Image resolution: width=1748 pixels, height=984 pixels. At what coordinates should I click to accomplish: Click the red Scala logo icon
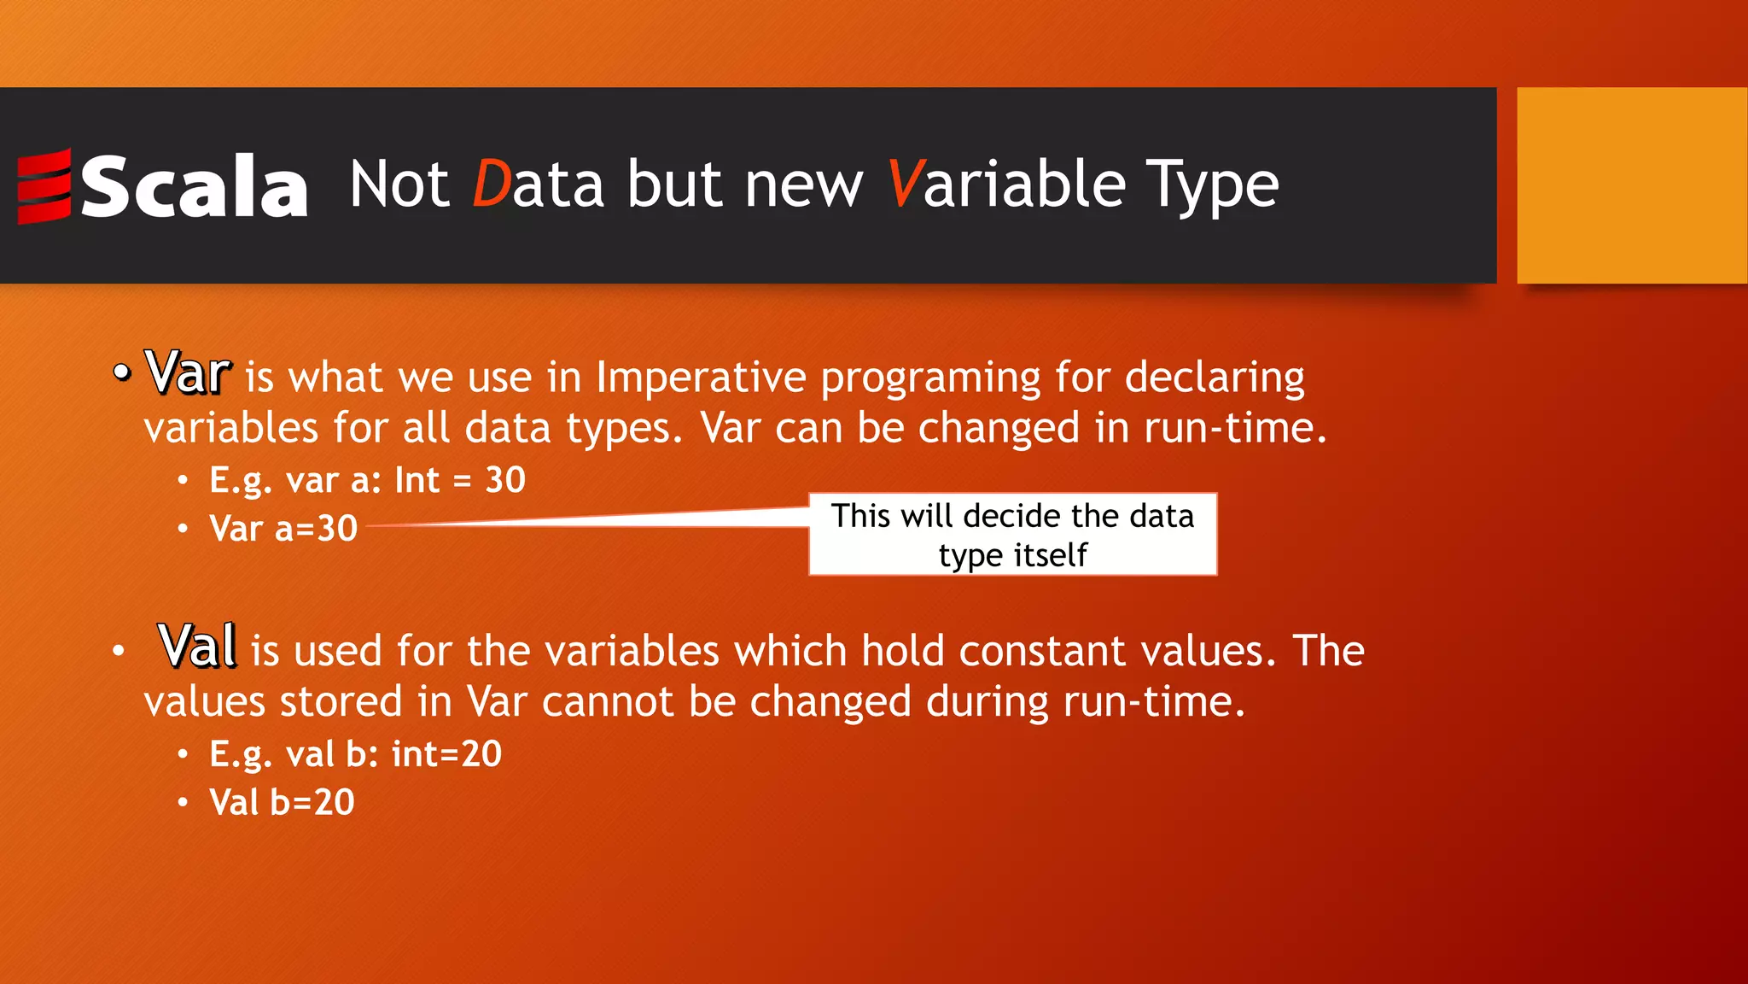(44, 186)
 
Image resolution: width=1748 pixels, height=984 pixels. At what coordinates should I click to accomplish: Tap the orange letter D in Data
(491, 184)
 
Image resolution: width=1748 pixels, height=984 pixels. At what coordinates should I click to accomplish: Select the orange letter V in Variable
(904, 184)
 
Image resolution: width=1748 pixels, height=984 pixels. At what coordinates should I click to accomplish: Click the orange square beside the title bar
(1631, 185)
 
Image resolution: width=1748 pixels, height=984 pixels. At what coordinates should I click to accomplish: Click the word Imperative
(701, 378)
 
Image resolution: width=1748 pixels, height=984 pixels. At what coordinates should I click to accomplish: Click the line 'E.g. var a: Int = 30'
(367, 480)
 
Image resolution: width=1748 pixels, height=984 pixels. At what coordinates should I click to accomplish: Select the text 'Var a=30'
(283, 529)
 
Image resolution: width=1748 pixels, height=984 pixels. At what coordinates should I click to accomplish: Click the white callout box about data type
(1012, 535)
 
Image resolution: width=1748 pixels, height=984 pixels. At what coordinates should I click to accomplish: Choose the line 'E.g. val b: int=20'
(355, 754)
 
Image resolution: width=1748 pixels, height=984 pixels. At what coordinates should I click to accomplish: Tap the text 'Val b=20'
(282, 802)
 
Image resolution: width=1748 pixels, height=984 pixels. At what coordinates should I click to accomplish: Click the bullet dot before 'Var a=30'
(183, 529)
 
